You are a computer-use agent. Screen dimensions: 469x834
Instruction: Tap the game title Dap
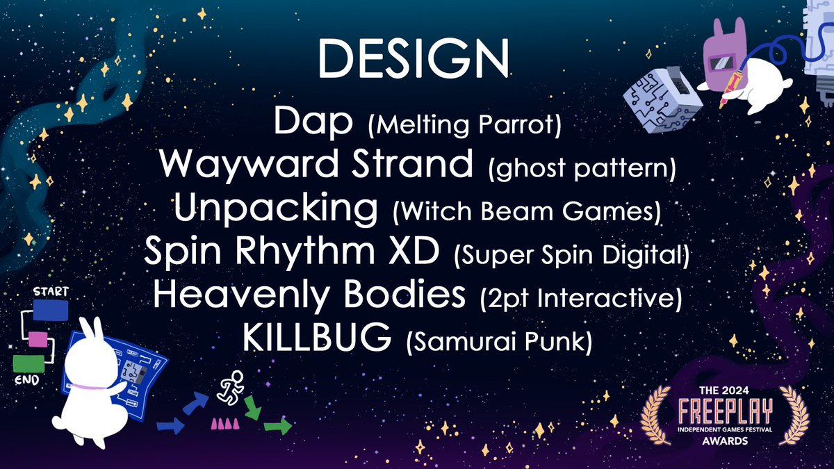pos(313,123)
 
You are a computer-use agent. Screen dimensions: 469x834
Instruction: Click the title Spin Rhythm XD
pos(292,253)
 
